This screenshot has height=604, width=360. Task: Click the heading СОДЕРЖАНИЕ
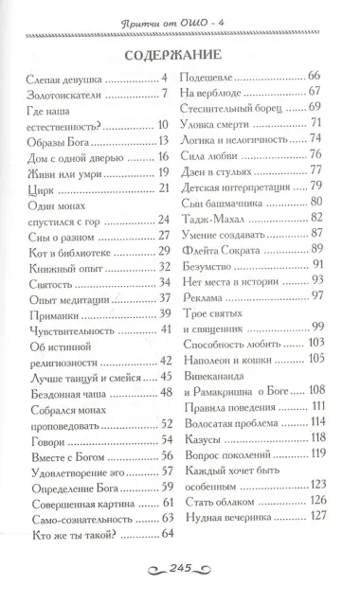coord(179,54)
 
